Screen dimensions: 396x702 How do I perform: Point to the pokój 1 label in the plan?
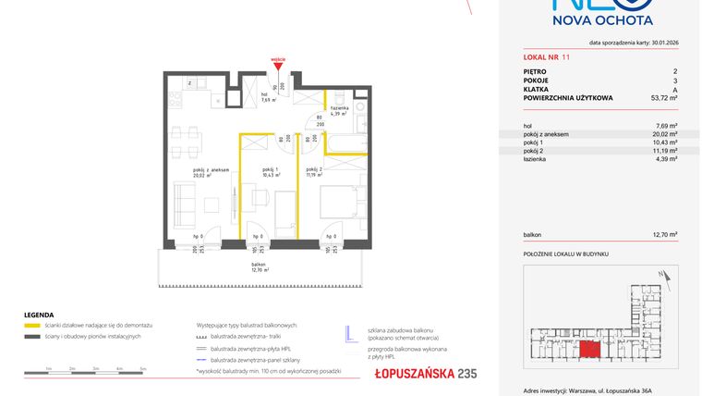(x=270, y=172)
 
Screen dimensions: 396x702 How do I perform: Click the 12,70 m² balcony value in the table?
(x=665, y=235)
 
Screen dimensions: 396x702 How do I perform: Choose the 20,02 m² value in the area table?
(x=665, y=133)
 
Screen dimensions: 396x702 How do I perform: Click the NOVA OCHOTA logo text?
(x=602, y=19)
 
